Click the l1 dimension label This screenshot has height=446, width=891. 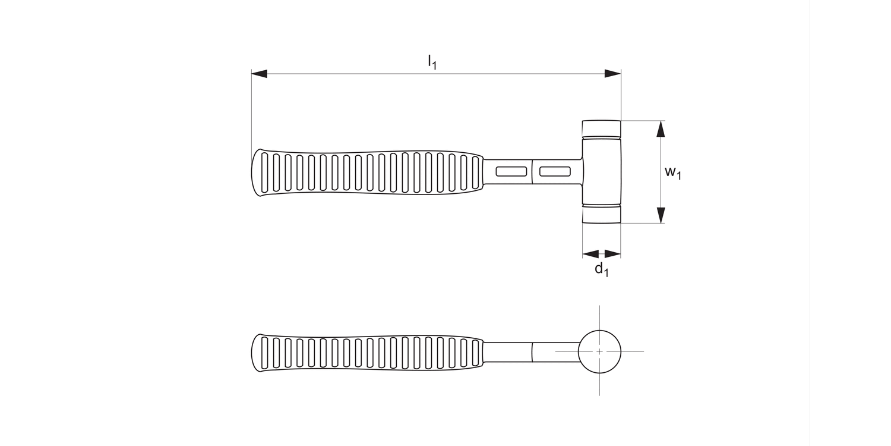[x=432, y=61]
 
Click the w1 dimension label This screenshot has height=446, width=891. [x=672, y=172]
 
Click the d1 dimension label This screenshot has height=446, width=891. [x=602, y=269]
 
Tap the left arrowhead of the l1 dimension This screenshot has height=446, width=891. [x=260, y=74]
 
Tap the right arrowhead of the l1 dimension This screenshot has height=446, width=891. [x=612, y=74]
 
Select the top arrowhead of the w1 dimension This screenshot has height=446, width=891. [x=660, y=129]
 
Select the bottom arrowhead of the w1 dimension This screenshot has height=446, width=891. [x=660, y=215]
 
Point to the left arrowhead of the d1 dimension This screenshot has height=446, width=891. [x=590, y=254]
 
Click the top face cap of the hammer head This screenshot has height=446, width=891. [x=601, y=128]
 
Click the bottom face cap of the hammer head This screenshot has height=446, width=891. [x=601, y=215]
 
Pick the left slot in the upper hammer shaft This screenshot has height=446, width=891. [x=511, y=172]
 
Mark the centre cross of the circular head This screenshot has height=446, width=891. [x=599, y=351]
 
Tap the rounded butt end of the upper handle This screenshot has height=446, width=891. [x=256, y=172]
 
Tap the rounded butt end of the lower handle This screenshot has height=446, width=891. [x=256, y=353]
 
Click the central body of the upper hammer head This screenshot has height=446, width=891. [x=601, y=172]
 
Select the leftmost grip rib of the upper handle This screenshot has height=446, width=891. [x=265, y=172]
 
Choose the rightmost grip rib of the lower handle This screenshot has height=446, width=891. [x=475, y=352]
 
